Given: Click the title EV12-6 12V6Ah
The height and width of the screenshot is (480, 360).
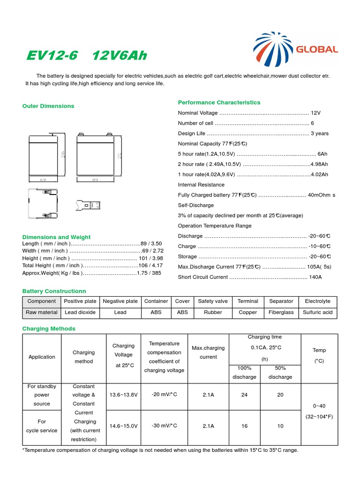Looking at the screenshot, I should coord(86,56).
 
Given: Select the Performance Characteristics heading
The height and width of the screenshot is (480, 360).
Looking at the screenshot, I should coord(219,102).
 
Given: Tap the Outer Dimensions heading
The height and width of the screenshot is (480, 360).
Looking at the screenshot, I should coord(48,106).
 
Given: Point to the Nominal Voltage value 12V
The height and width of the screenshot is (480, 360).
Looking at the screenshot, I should coord(315,113).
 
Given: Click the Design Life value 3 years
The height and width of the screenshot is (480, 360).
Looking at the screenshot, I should coord(320,134).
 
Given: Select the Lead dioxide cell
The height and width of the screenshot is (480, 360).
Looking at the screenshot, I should coord(80,312).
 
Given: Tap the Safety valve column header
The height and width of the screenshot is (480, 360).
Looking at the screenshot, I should coord(213,301).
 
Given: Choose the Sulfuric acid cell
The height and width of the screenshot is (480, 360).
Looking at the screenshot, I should coord(317,312).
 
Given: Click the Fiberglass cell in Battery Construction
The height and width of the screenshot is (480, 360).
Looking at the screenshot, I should coord(281,312).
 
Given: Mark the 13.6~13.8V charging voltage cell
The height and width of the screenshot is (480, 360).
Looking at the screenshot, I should coord(123,395).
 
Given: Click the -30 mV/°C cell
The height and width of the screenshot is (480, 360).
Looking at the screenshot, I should coord(164,426).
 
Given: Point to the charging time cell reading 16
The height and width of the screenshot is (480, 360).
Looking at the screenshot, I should coord(244,426).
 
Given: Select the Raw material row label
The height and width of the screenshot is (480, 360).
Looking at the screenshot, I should coord(42,312).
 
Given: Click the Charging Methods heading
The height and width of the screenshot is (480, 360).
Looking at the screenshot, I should coord(49,329).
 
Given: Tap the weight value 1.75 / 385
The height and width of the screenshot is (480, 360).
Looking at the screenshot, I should coord(149,273).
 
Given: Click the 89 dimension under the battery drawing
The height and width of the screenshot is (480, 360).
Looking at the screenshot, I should coord(95,180).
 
